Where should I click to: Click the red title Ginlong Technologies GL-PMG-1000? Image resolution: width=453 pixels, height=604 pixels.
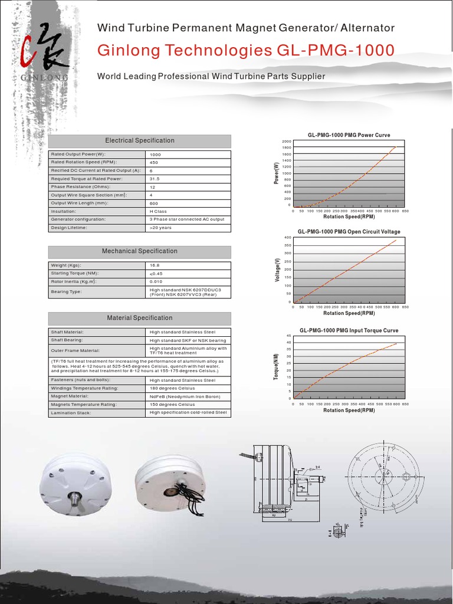(245, 51)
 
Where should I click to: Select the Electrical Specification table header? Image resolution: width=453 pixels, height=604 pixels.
(140, 141)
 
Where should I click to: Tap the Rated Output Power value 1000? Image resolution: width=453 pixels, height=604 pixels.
(156, 155)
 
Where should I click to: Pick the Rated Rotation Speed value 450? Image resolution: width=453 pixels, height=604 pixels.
(154, 162)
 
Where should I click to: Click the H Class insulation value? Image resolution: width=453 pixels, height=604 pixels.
(158, 211)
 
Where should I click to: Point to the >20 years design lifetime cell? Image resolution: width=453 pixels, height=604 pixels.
(160, 227)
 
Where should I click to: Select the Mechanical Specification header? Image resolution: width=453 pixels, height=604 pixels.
(140, 251)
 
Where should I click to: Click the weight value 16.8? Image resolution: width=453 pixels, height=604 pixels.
(155, 265)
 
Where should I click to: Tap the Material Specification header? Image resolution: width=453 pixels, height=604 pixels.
(140, 318)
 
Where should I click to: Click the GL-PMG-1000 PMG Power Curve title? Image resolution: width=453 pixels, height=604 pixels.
(349, 135)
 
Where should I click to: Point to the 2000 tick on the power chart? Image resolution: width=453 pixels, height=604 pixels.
(287, 142)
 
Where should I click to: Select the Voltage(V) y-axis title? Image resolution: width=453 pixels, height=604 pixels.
(277, 270)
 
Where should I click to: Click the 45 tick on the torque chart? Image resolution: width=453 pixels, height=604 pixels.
(288, 336)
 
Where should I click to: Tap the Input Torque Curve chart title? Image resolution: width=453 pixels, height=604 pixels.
(349, 331)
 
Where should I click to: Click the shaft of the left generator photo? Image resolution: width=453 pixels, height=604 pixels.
(75, 500)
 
